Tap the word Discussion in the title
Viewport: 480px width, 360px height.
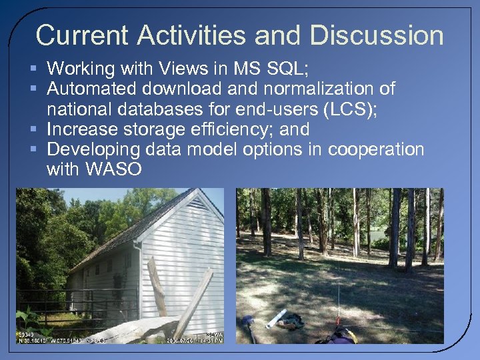[377, 35]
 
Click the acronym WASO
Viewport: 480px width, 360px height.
[114, 169]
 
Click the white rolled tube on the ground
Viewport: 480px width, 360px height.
[276, 319]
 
